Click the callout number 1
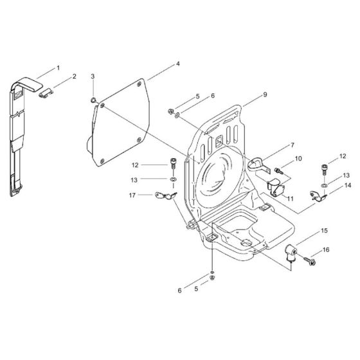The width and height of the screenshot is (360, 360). click(59, 67)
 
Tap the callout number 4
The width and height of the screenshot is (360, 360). click(177, 64)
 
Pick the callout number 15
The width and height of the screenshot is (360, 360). click(324, 230)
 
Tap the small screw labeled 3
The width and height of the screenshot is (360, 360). click(94, 100)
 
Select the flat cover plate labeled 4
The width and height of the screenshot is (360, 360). click(122, 122)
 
